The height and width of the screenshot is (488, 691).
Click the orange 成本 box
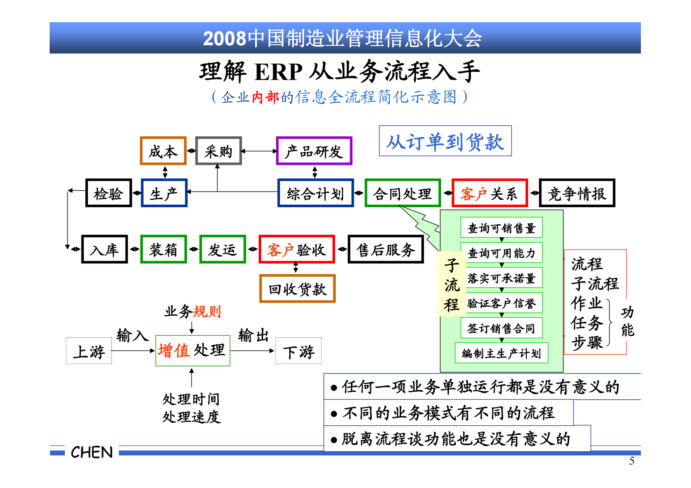click(163, 151)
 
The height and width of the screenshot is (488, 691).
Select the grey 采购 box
click(219, 151)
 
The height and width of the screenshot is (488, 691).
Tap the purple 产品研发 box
click(314, 151)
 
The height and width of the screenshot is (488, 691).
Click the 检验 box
click(108, 193)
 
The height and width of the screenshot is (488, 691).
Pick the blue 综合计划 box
click(316, 193)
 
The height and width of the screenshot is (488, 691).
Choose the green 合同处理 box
click(403, 193)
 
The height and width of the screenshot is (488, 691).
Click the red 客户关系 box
click(489, 193)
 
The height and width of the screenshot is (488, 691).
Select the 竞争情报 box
click(577, 193)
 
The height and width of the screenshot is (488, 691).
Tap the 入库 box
click(104, 249)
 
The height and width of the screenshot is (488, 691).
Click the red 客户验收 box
click(297, 249)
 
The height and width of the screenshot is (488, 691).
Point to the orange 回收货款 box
click(297, 289)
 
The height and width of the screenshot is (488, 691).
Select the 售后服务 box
click(386, 249)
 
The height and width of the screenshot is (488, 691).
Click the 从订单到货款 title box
click(445, 141)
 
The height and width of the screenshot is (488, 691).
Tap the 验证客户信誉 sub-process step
click(502, 303)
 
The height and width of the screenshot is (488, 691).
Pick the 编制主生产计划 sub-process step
click(502, 353)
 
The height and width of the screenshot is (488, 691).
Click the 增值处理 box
click(192, 350)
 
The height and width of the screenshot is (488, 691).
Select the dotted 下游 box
click(299, 351)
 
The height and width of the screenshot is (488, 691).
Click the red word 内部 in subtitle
click(265, 97)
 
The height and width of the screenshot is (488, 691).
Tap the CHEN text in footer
click(91, 452)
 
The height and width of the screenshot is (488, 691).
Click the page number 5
click(632, 461)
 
